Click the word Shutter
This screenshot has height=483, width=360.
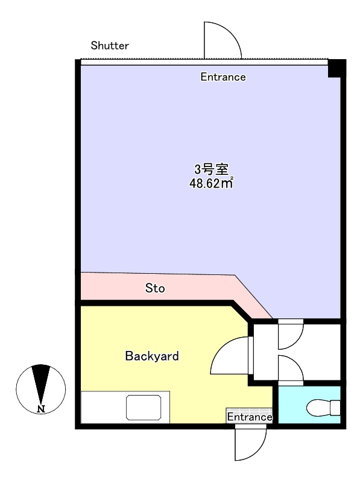[110, 46]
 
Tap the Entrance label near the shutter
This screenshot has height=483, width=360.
[223, 77]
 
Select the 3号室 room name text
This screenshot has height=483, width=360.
[211, 169]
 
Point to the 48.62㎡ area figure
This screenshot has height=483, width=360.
[211, 183]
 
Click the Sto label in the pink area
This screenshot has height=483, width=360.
[155, 288]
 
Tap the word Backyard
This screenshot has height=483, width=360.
[152, 356]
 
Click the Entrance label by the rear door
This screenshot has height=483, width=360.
[250, 417]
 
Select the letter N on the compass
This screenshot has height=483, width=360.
[41, 409]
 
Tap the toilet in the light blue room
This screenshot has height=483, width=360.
[323, 408]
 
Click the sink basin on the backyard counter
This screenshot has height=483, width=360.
[144, 407]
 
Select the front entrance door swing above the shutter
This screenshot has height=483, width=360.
[223, 40]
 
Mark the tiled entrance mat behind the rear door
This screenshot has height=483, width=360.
[250, 415]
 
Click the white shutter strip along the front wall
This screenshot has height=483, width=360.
[204, 62]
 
